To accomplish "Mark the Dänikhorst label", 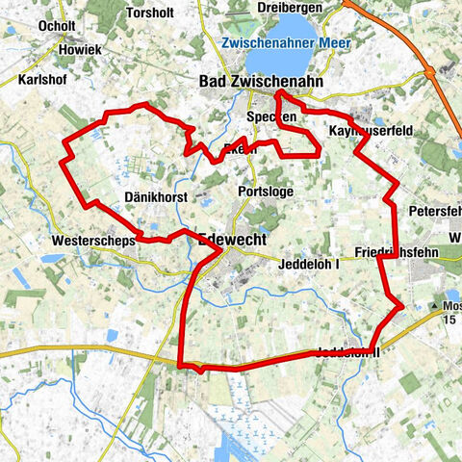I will point(155,196).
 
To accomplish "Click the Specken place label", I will point(270,115).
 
